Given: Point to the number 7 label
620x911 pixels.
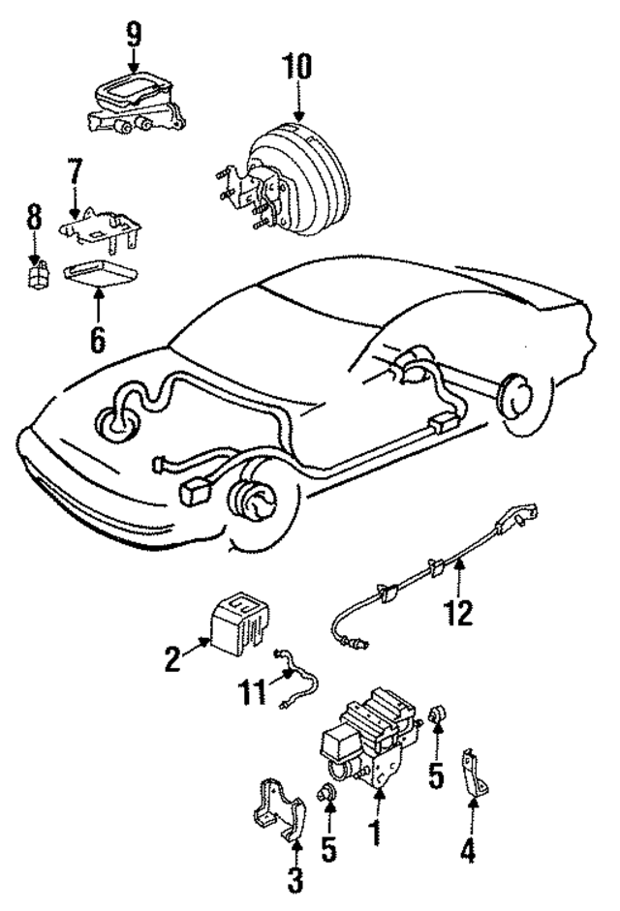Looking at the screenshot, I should (x=76, y=175).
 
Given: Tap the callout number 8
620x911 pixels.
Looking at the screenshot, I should (x=34, y=217).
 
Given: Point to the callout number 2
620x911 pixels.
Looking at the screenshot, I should (x=171, y=660).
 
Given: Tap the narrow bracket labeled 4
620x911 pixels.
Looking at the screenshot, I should (x=476, y=775).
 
